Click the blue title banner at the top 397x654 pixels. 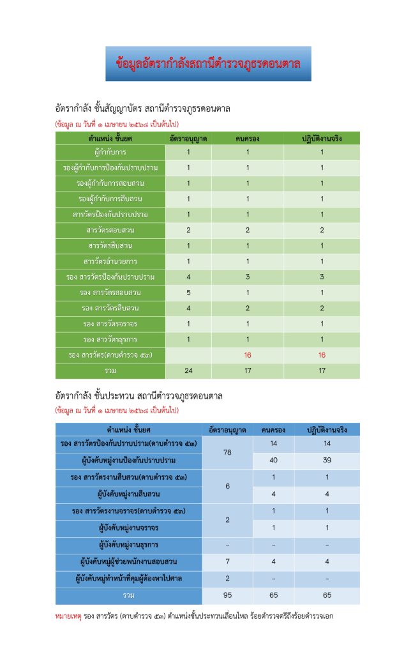208,63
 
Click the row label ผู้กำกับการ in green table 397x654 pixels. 110,152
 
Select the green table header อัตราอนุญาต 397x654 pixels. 188,138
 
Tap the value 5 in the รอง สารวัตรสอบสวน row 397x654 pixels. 188,293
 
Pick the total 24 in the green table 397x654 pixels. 188,371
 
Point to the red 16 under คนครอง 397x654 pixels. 248,354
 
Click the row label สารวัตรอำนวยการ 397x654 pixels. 110,261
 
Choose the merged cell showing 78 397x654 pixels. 227,452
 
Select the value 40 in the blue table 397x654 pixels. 274,460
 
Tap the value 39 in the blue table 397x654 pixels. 327,460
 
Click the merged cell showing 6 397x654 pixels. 227,486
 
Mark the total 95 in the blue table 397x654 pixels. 227,595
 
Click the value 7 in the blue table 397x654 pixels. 227,561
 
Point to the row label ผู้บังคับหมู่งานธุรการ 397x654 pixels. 129,545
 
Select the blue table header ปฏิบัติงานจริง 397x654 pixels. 327,429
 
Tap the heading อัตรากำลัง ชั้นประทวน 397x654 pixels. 139,396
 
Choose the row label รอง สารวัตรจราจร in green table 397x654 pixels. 110,324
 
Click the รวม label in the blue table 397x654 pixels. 129,595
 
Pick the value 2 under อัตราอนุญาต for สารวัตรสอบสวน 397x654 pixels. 188,230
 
